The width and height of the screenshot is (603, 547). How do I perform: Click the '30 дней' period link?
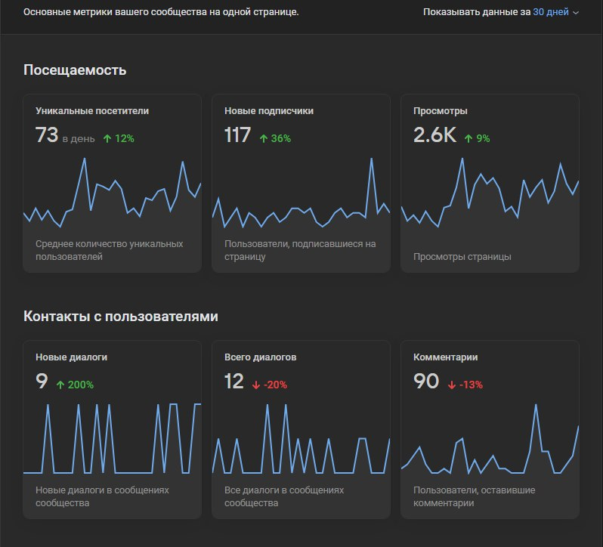pyautogui.click(x=550, y=12)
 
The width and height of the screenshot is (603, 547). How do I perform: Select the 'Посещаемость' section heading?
pyautogui.click(x=75, y=70)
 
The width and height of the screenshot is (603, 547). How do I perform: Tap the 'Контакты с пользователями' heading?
pyautogui.click(x=121, y=317)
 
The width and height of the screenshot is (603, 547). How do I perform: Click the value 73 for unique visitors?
pyautogui.click(x=47, y=135)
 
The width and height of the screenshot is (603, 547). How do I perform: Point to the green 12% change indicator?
pyautogui.click(x=119, y=138)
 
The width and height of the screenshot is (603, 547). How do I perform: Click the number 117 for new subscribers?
pyautogui.click(x=237, y=135)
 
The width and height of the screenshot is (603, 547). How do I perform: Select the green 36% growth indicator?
pyautogui.click(x=275, y=138)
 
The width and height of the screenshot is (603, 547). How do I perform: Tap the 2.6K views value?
pyautogui.click(x=434, y=135)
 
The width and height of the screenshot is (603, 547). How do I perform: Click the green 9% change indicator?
pyautogui.click(x=478, y=138)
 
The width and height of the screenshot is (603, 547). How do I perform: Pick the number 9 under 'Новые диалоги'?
pyautogui.click(x=42, y=381)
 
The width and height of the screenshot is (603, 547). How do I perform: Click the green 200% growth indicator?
pyautogui.click(x=75, y=385)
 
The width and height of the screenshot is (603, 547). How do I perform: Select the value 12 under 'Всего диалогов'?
pyautogui.click(x=233, y=381)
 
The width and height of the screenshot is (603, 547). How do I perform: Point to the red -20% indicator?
pyautogui.click(x=270, y=385)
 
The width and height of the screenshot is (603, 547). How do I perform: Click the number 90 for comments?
pyautogui.click(x=426, y=381)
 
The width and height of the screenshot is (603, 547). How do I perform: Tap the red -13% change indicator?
pyautogui.click(x=465, y=385)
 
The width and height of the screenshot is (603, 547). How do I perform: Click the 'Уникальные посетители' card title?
pyautogui.click(x=92, y=111)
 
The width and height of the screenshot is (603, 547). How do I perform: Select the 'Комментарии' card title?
pyautogui.click(x=446, y=357)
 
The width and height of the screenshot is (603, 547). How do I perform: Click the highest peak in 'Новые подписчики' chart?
pyautogui.click(x=372, y=159)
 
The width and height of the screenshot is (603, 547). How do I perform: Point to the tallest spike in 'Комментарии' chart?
pyautogui.click(x=536, y=405)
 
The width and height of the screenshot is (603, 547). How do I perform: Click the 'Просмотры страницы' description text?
pyautogui.click(x=462, y=256)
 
